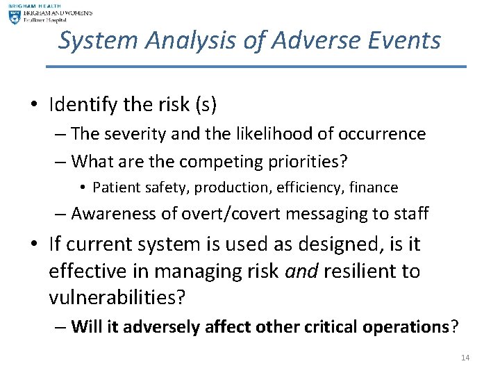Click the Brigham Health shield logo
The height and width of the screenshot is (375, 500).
point(15,17)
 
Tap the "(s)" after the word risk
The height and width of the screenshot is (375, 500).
point(206,105)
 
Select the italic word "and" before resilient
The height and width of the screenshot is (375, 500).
point(301,271)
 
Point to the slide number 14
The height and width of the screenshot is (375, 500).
point(465,358)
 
